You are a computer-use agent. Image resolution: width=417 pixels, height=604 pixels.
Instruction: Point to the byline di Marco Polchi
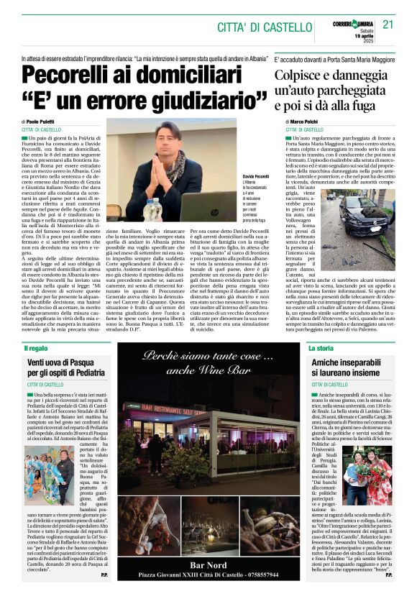(x=299, y=123)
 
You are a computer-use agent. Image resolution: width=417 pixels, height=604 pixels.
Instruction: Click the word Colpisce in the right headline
(x=303, y=75)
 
